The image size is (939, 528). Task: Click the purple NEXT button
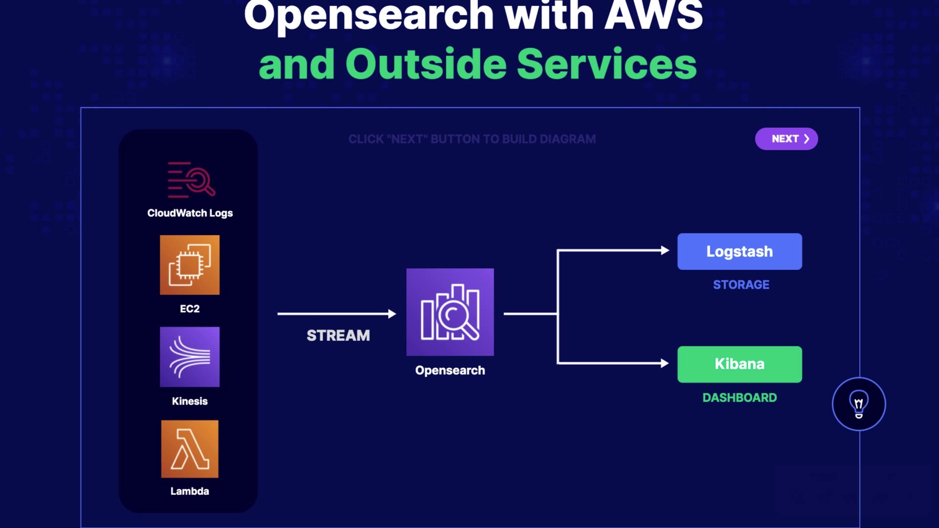[x=786, y=139]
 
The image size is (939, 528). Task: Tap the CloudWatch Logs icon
[x=191, y=179]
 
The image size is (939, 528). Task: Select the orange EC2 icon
[x=190, y=265]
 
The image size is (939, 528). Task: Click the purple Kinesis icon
[x=190, y=357]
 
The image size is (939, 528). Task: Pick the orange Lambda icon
[x=190, y=449]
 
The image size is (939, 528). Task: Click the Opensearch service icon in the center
[x=450, y=312]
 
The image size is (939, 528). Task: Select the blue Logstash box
[x=739, y=251]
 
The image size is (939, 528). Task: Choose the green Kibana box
[x=739, y=364]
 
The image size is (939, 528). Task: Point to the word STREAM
[x=338, y=335]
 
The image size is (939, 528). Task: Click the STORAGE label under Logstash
[x=741, y=285]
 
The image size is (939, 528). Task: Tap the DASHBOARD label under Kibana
[x=739, y=397]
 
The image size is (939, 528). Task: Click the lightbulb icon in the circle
[x=859, y=404]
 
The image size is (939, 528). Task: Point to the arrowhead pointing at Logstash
[x=665, y=250]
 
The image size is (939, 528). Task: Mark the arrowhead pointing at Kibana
[x=665, y=363]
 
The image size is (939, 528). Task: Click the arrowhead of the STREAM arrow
[x=392, y=314]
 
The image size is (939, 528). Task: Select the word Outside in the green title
[x=426, y=64]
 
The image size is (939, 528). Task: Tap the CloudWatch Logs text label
[x=190, y=213]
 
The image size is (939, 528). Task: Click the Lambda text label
[x=190, y=491]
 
